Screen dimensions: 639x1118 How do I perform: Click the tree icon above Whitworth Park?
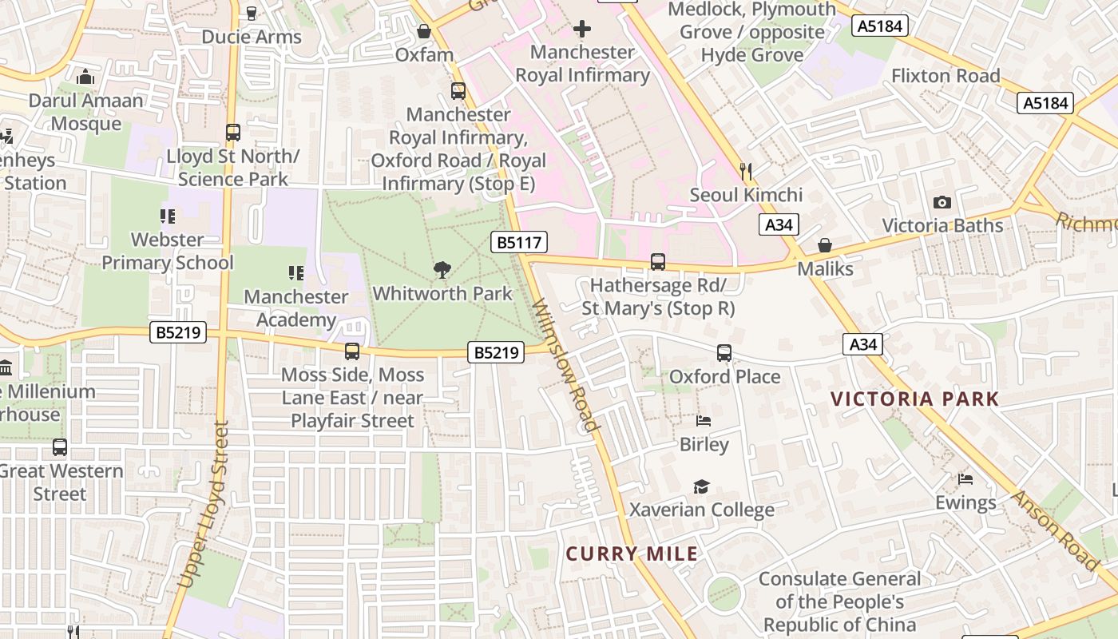coord(442,270)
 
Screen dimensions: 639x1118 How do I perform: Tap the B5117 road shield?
coord(519,242)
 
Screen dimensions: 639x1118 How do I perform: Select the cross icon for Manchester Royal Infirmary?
coord(582,30)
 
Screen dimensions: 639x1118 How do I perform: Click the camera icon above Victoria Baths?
coord(942,202)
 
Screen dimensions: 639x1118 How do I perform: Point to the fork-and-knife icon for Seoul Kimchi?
coord(746,171)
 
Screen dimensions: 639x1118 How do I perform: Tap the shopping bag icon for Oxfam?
coord(424,32)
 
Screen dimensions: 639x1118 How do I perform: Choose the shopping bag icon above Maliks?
coord(825,245)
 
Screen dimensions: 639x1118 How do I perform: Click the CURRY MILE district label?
coord(632,554)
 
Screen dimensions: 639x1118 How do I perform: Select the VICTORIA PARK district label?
coord(914,399)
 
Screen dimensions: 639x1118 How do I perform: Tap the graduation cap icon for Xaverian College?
coord(701,486)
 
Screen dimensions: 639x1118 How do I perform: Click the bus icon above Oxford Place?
coord(724,353)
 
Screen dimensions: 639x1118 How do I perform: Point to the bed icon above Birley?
coord(704,421)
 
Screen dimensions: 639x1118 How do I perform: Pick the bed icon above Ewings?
coord(965,479)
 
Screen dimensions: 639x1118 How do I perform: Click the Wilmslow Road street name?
coord(565,365)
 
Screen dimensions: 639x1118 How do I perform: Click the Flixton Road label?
coord(946,76)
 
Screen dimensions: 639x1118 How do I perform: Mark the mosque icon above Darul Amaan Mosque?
coord(85,77)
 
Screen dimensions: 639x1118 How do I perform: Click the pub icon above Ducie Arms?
coord(252,14)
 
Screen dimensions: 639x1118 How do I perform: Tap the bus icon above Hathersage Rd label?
coord(657,262)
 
